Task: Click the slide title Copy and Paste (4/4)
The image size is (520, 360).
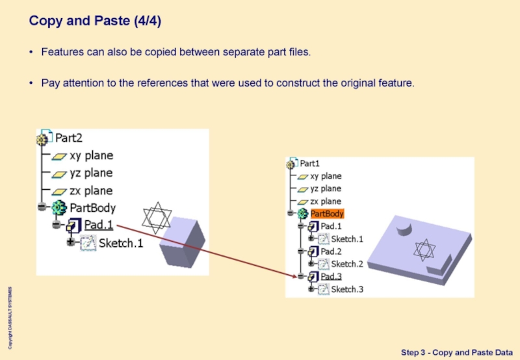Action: point(95,21)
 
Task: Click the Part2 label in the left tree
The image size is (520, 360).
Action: point(68,138)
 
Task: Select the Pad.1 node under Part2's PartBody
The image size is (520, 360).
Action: point(98,225)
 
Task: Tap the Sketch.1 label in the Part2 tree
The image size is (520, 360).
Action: point(120,244)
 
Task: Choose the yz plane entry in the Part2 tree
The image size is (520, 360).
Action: point(91,173)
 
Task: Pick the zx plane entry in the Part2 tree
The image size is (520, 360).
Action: point(91,190)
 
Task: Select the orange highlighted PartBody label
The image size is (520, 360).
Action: point(327,214)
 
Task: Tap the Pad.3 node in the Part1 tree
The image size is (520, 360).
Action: point(331,276)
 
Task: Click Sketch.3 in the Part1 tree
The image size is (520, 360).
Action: point(347,289)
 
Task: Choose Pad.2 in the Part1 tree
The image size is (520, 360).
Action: point(331,251)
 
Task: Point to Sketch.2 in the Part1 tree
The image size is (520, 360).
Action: point(347,264)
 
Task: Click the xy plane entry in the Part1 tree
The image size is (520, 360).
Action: point(325,176)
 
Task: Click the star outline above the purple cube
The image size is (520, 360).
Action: point(155,218)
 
